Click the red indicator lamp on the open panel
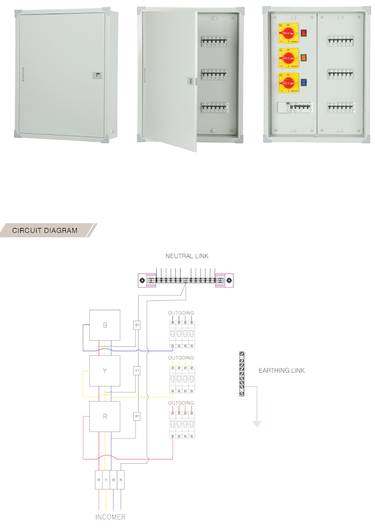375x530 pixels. [303, 33]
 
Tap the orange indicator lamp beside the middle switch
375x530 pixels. [303, 57]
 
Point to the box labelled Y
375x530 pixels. [105, 371]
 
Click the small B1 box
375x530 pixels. [137, 325]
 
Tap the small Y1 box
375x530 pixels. [137, 371]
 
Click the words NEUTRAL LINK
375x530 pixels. [187, 256]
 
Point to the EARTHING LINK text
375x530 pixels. [281, 371]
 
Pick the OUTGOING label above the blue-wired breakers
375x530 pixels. [181, 312]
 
